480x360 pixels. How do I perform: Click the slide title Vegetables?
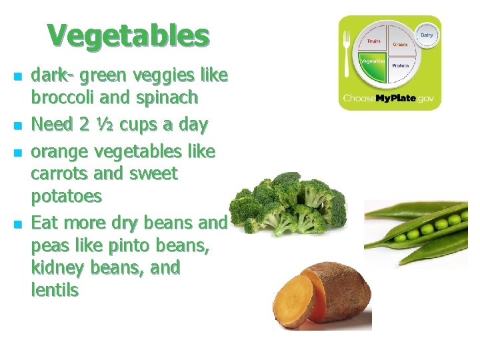128,36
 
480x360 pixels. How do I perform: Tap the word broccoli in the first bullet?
63,97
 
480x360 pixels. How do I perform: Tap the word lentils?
55,290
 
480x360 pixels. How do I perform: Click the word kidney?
60,268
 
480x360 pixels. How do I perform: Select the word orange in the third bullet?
61,152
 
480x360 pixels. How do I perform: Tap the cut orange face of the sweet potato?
293,300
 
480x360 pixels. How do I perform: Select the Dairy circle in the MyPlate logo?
426,34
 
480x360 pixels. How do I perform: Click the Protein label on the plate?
400,66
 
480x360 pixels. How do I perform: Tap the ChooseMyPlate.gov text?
389,99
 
